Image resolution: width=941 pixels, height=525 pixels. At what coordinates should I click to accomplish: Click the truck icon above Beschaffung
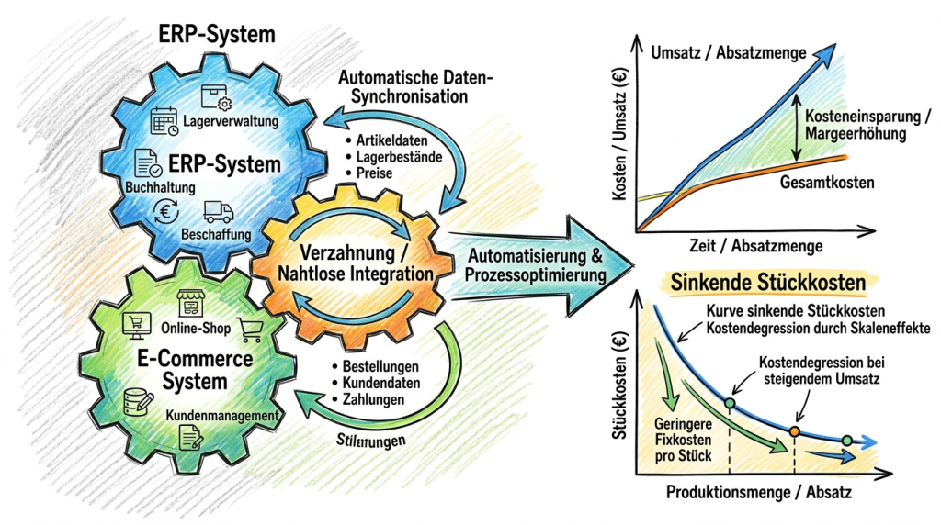tap(217, 212)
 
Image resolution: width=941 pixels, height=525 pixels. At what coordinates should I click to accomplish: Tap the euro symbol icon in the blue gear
tap(167, 210)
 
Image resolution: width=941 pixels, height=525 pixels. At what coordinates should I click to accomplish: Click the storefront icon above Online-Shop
tap(192, 304)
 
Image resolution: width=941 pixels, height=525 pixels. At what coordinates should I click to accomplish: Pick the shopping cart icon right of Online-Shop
tap(248, 328)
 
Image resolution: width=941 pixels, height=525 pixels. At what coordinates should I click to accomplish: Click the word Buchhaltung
tap(155, 188)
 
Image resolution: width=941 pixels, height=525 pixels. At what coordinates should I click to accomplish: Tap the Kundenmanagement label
tap(221, 417)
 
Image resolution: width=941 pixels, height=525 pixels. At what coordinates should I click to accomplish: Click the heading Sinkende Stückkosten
tap(769, 282)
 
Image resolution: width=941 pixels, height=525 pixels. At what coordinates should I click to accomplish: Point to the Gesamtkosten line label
tap(826, 184)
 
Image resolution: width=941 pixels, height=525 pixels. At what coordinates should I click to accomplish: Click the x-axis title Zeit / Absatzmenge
tap(749, 247)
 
